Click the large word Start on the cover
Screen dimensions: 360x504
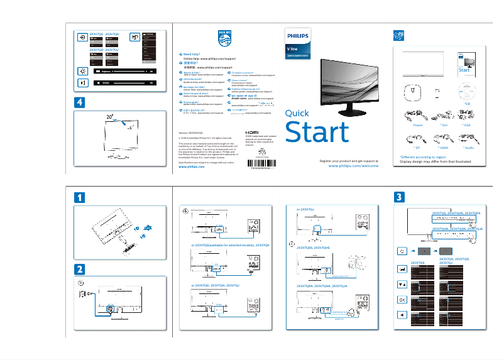click(317, 133)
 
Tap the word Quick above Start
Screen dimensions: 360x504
click(297, 114)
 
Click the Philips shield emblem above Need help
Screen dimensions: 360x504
click(224, 38)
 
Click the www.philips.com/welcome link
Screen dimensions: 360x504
click(354, 167)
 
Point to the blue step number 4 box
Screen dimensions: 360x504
click(79, 101)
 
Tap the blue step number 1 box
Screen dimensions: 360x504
click(79, 197)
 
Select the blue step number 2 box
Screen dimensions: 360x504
click(79, 268)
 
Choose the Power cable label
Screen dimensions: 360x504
click(418, 126)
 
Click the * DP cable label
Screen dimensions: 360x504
click(418, 147)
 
